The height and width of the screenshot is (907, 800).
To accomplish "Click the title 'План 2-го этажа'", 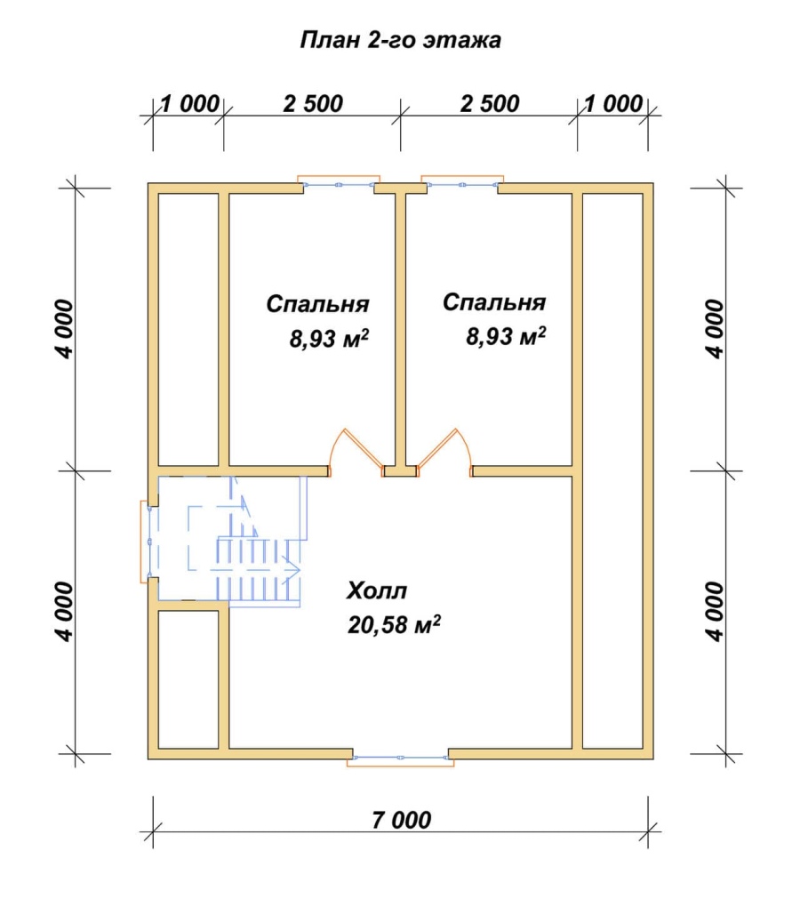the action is (400, 41).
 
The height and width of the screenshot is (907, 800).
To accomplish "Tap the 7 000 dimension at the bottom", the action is (401, 820).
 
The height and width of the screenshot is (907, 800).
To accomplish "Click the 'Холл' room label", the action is (377, 590).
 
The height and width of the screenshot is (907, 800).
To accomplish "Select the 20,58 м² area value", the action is (394, 625).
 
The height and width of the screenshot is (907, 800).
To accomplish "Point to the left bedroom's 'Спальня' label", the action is (317, 304).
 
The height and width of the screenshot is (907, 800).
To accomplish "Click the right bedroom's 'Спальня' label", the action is (494, 302).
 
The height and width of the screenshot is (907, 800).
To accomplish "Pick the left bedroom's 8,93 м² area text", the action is (329, 339).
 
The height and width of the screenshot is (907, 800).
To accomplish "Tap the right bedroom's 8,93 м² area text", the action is (506, 336).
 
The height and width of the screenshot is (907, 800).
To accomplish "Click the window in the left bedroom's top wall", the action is (340, 184).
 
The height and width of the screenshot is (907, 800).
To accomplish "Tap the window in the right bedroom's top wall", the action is (462, 184).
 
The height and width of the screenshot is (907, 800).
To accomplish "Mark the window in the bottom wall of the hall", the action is (401, 758).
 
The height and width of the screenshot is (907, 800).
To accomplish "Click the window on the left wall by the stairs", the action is (147, 542).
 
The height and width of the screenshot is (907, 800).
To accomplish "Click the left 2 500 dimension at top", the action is (313, 104).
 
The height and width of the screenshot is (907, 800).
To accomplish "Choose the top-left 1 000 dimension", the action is (189, 104).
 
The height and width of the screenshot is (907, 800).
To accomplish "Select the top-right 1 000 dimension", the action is (613, 104).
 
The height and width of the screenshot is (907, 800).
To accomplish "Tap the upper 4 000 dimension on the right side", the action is (715, 328).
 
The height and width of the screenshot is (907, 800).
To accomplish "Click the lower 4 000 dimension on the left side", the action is (65, 612).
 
